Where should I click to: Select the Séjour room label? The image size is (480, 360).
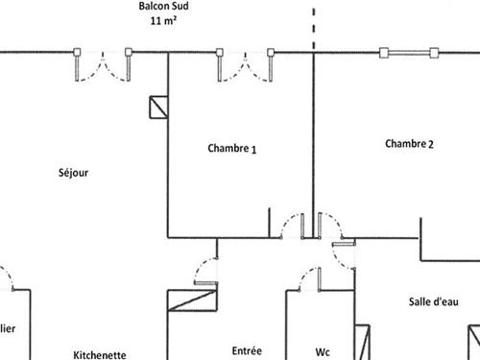click(75, 173)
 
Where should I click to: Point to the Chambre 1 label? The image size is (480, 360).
click(231, 149)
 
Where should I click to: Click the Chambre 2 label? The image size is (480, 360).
click(410, 144)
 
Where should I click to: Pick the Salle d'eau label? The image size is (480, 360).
click(425, 301)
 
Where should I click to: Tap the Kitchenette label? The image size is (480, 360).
click(100, 353)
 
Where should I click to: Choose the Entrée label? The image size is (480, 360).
click(247, 350)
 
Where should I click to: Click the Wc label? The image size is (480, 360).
click(324, 351)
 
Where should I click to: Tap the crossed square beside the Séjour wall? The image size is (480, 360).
click(157, 107)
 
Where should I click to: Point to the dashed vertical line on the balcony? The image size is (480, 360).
click(313, 24)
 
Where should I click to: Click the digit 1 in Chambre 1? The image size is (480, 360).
click(254, 150)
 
